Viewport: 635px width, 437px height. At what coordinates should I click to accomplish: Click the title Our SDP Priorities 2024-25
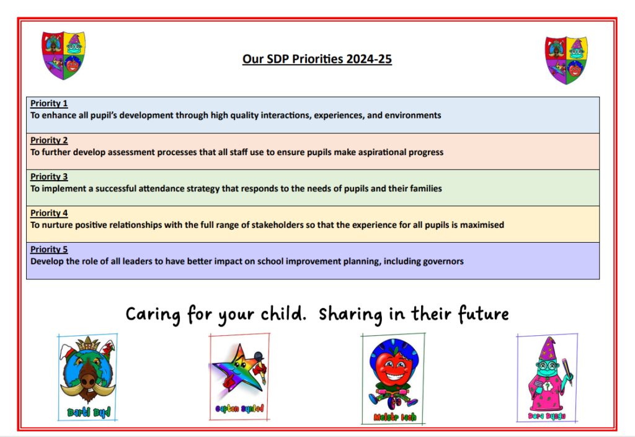coord(317,59)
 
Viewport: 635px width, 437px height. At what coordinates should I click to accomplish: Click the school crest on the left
coord(64,55)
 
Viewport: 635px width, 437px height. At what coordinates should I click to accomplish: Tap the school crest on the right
coord(566,60)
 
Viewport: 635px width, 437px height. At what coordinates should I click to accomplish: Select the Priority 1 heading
coord(49,104)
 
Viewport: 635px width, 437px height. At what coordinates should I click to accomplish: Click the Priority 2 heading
coord(49,140)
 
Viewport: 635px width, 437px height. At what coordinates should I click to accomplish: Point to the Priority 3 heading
coord(49,177)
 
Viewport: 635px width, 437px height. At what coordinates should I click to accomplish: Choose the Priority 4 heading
coord(49,214)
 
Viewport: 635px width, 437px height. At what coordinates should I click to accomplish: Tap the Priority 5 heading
coord(49,250)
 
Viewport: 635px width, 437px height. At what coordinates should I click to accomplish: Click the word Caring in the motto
coord(153,315)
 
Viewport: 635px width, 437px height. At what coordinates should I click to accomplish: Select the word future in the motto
coord(484,313)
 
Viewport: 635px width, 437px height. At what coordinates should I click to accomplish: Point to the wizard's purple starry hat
coord(548,349)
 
